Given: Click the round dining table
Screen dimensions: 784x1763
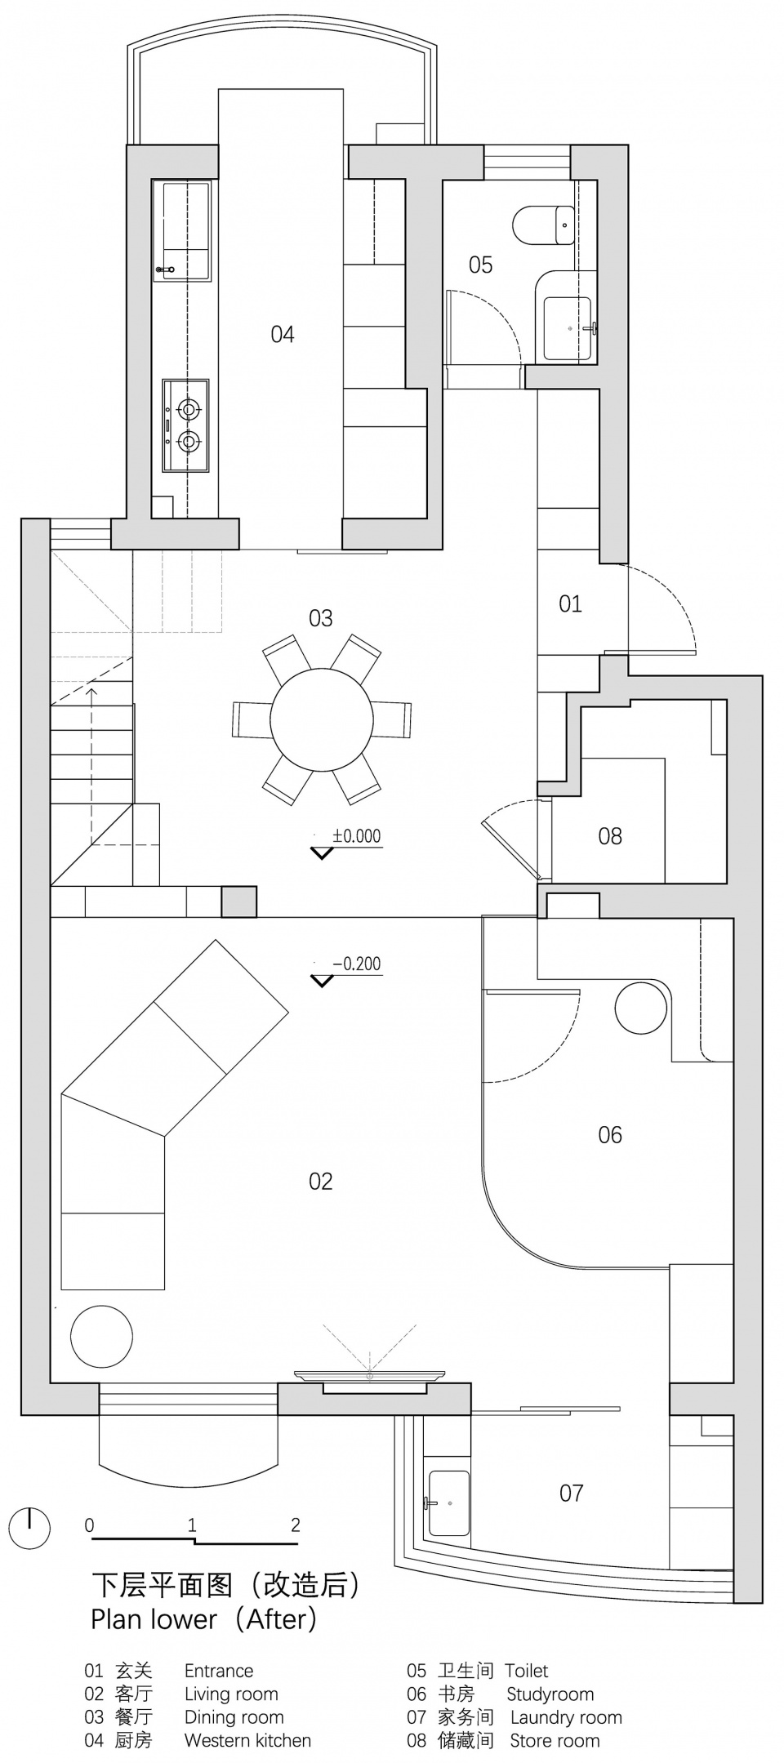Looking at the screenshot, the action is [322, 719].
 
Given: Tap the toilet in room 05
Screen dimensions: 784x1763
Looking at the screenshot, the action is [544, 225].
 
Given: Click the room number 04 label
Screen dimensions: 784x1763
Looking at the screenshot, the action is [283, 334].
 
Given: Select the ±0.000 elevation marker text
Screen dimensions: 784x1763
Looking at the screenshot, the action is [356, 836].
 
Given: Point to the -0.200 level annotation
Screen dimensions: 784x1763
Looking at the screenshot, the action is [356, 964].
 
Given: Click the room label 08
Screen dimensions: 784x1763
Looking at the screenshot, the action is [610, 835].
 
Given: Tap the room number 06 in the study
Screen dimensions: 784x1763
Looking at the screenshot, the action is [610, 1134].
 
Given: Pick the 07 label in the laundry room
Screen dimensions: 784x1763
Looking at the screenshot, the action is [572, 1493].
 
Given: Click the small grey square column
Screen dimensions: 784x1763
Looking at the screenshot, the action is [239, 902].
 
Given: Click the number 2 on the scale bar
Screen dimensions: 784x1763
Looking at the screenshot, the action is [295, 1524].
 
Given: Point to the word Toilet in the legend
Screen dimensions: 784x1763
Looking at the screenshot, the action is [526, 1671].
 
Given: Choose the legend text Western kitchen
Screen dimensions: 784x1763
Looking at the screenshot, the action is [247, 1740].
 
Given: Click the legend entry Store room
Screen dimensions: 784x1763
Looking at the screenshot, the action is [555, 1740].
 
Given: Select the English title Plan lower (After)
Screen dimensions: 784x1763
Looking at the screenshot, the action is [203, 1618].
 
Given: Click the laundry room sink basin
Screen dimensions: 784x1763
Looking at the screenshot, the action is [448, 1503].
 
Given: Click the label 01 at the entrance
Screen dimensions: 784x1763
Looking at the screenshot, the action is [570, 603].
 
